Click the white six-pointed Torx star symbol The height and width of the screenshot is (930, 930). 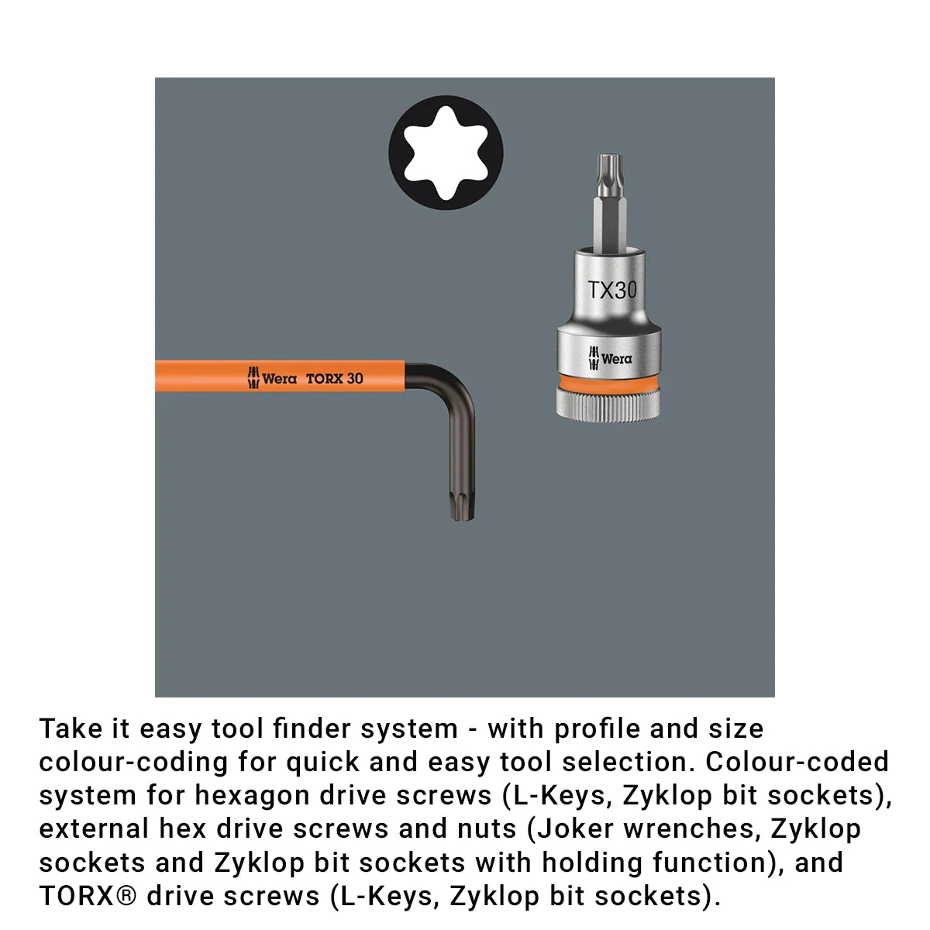pyautogui.click(x=446, y=153)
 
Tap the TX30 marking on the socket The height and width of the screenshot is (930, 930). pyautogui.click(x=612, y=290)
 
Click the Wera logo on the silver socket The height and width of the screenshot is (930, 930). pyautogui.click(x=610, y=358)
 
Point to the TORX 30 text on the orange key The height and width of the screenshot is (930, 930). pyautogui.click(x=335, y=378)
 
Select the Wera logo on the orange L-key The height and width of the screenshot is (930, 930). pyautogui.click(x=272, y=378)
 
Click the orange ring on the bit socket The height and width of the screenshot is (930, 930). pyautogui.click(x=608, y=381)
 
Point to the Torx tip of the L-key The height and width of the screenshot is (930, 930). pyautogui.click(x=463, y=506)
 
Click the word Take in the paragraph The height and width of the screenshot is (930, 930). pyautogui.click(x=71, y=728)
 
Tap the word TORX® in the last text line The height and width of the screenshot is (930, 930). pyautogui.click(x=88, y=897)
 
